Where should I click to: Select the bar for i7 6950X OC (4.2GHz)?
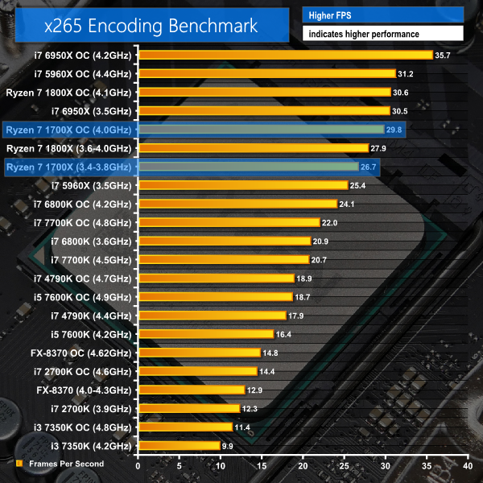[x=286, y=55]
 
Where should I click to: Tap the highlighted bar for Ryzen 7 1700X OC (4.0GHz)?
[x=262, y=129]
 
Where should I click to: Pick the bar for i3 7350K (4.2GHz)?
[x=179, y=445]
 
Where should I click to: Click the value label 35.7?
[x=443, y=55]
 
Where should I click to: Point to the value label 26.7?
[x=369, y=167]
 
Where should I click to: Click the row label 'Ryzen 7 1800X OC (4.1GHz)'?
[x=68, y=92]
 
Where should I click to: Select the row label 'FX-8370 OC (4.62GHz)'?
[x=82, y=353]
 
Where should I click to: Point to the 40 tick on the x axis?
[x=467, y=465]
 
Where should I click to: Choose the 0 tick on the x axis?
[x=138, y=465]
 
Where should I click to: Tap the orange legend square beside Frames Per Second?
[x=19, y=464]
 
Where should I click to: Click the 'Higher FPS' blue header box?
[x=383, y=14]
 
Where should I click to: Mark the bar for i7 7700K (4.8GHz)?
[x=229, y=222]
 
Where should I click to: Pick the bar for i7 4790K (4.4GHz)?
[x=213, y=315]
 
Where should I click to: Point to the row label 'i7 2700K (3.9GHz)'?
[x=93, y=408]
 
